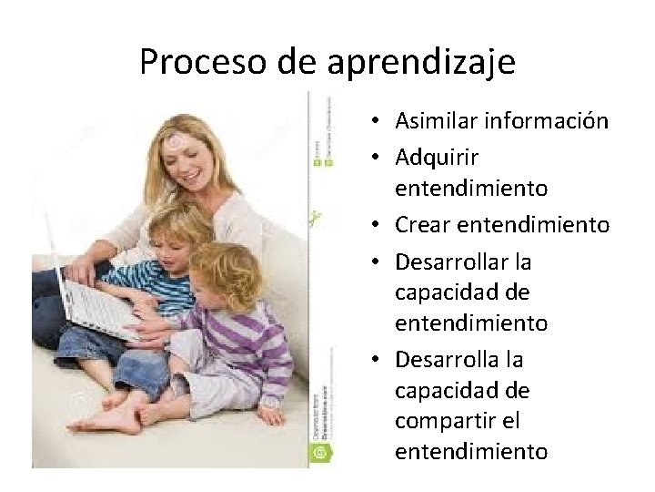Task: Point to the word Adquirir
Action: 437,158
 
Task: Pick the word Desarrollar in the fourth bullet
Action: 451,262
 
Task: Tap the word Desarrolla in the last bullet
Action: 447,360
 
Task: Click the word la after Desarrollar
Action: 522,262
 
